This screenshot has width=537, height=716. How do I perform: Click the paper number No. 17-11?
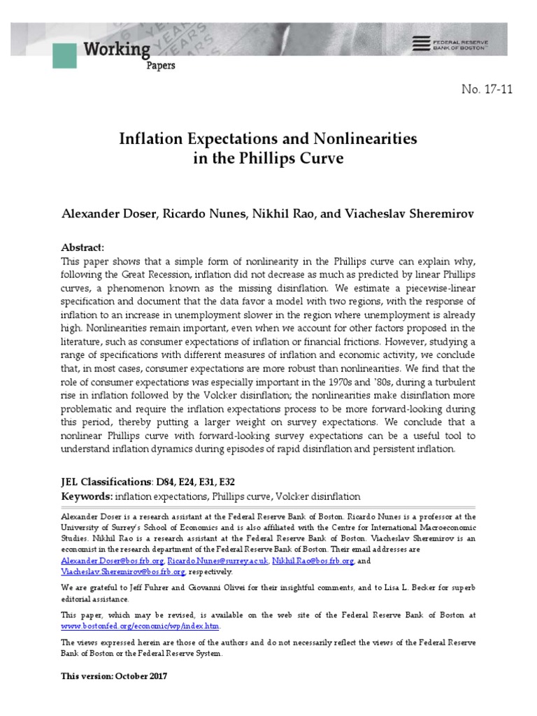coord(487,89)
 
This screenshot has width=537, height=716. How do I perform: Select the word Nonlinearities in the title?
coord(363,138)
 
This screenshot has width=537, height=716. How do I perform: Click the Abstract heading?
coord(83,248)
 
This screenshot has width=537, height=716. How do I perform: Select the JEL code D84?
coord(166,482)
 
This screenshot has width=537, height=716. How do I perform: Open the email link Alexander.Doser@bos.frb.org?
coord(113,561)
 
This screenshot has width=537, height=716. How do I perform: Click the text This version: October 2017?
coord(114,677)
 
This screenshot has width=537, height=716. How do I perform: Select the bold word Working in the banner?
coord(117,50)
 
